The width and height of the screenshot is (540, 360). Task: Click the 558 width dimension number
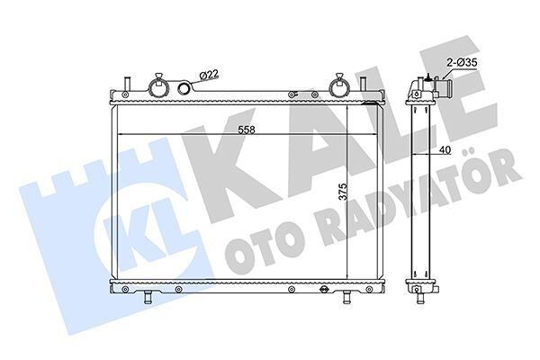244,130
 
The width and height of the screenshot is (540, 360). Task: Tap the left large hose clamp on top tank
158,86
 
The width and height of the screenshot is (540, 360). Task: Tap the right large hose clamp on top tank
341,86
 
